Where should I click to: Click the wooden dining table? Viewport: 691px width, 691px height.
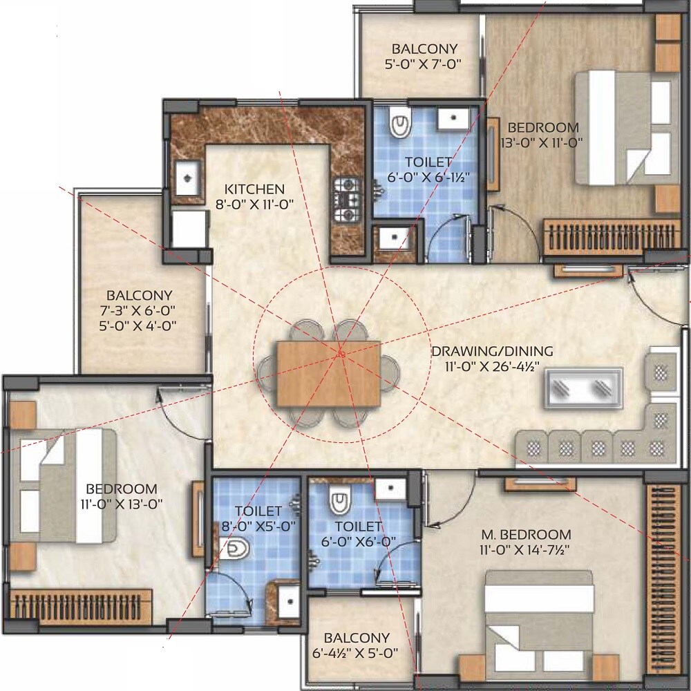[328, 374]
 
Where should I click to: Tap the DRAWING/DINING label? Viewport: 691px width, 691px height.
[492, 351]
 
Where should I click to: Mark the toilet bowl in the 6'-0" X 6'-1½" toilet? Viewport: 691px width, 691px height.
[400, 124]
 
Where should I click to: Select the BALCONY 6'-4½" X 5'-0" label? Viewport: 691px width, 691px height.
[357, 645]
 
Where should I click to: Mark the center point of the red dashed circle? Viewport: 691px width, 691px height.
[341, 356]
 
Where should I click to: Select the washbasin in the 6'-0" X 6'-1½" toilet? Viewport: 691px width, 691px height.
[453, 117]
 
